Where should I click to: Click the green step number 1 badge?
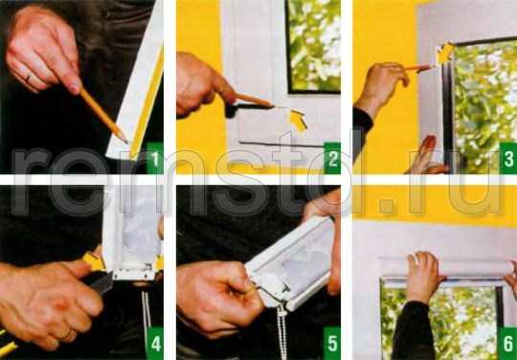click(x=154, y=158)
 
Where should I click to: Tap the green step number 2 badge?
click(x=332, y=158)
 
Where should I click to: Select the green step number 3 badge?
click(x=508, y=158)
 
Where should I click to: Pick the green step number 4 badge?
click(x=154, y=343)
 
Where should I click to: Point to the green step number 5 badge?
click(x=332, y=343)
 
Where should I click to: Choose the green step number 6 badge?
click(x=508, y=343)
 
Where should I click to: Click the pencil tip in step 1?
click(x=127, y=143)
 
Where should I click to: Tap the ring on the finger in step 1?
click(x=28, y=79)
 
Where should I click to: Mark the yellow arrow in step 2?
click(x=298, y=121)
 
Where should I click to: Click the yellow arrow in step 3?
click(x=445, y=54)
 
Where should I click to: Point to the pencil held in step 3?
click(x=418, y=68)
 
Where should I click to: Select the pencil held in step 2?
click(x=255, y=101)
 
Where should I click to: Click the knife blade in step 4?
click(x=101, y=283)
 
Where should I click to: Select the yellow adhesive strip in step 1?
click(x=146, y=102)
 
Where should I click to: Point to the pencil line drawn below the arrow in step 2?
click(x=281, y=145)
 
